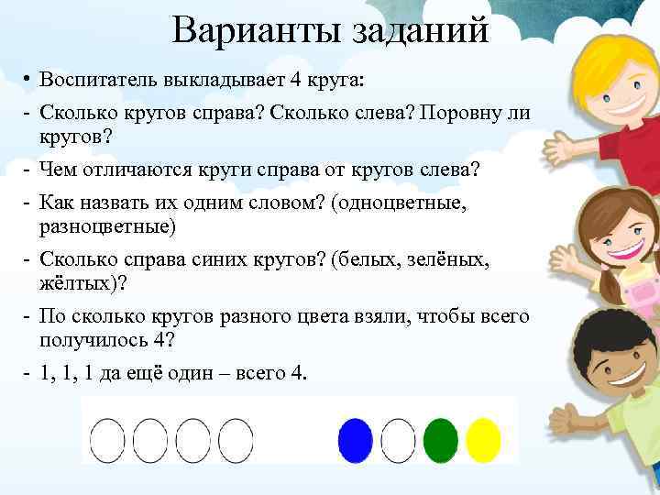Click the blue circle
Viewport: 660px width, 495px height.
click(355, 440)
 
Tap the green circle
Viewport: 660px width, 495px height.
click(441, 440)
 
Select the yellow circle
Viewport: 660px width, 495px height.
click(483, 440)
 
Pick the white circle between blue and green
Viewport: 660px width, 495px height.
click(398, 440)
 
